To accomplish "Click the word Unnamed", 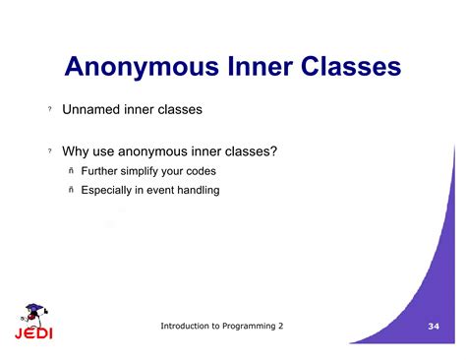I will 92,110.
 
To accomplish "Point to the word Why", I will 78,151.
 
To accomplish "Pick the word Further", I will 103,171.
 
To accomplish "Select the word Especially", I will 113,190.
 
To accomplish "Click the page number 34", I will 435,326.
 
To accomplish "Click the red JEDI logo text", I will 33,332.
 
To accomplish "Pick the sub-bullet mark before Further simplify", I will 71,172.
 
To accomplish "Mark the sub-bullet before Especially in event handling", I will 71,191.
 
